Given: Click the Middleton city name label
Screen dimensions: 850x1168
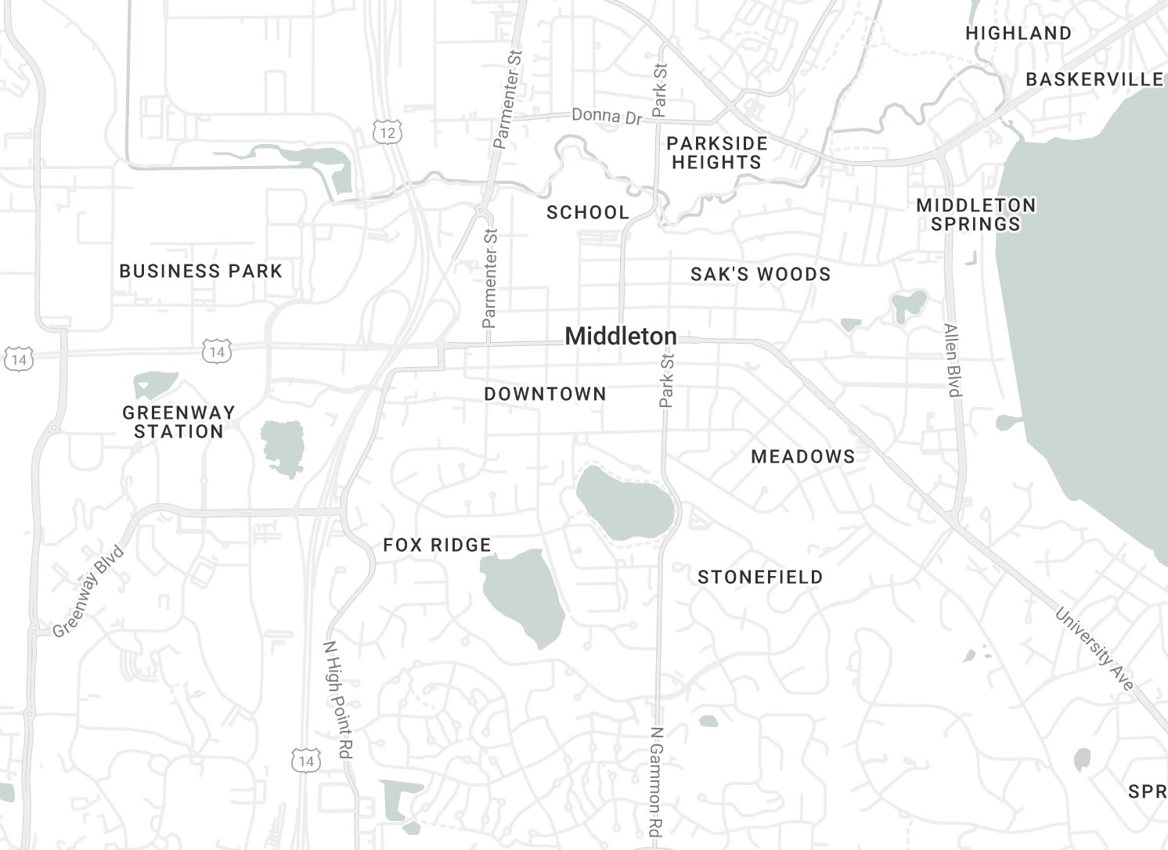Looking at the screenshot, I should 620,337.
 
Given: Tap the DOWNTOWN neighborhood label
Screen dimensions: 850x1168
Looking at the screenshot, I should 545,394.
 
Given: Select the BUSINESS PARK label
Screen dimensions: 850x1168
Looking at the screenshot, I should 200,271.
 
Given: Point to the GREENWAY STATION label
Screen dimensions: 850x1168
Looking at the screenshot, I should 178,422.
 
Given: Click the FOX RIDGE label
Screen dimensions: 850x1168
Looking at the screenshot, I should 437,545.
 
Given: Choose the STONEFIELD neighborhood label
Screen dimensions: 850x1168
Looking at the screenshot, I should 760,577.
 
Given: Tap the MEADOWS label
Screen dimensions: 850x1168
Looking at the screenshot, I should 802,456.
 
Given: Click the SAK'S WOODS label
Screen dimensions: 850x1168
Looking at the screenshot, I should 760,274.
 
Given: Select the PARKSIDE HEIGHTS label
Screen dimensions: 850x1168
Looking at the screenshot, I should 716,153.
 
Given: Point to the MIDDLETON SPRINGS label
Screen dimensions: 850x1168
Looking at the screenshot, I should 975,214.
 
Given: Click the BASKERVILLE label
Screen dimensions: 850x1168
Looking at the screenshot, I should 1094,79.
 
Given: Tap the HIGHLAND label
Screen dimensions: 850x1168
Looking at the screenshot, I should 1018,33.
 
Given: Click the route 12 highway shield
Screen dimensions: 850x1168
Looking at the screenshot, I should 387,132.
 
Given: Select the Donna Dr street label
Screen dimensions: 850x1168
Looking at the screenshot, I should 606,116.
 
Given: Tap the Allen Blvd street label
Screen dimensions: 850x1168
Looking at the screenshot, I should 952,360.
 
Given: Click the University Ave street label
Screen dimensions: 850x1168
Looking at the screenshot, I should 1094,649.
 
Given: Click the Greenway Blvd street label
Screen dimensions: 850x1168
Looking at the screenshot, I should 89,592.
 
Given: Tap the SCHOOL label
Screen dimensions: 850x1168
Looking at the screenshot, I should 587,212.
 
